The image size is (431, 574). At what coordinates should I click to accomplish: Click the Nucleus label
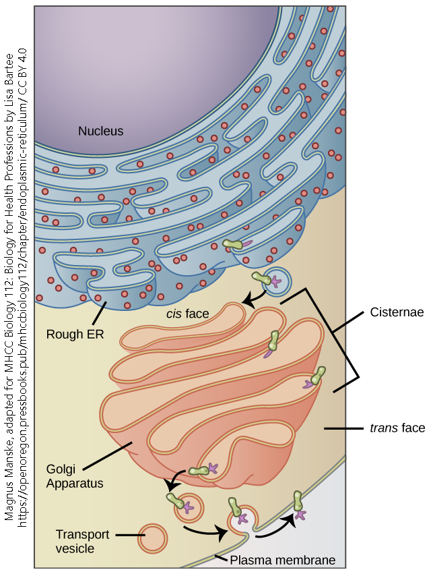coord(100,131)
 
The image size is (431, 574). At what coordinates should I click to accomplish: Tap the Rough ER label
coord(75,333)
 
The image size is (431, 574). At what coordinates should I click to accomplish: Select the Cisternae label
coord(396,313)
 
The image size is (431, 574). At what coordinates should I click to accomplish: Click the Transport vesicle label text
coord(81,541)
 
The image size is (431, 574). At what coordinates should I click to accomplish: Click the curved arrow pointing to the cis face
coord(255,296)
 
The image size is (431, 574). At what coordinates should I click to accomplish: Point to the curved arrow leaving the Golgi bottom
coord(174,480)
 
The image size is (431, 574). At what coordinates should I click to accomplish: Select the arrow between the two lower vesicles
coord(205,531)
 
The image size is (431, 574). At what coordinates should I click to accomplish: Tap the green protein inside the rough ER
coord(234,245)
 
